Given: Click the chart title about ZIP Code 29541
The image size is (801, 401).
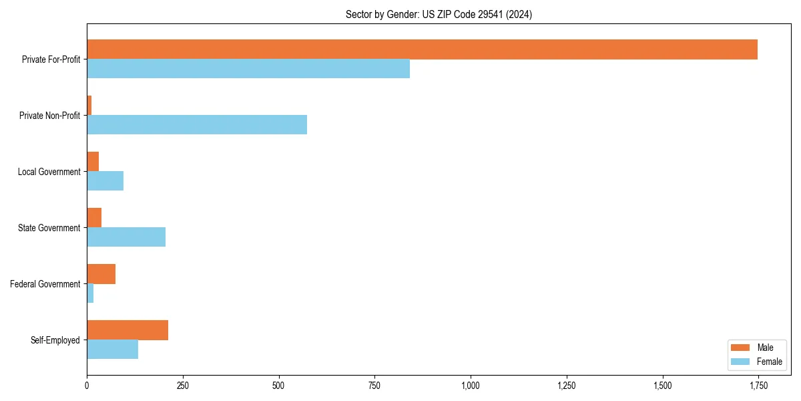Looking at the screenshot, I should click(x=439, y=14).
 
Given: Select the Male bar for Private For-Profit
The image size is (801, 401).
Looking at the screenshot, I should click(x=422, y=49).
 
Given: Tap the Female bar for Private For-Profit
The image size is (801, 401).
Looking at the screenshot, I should click(x=248, y=69).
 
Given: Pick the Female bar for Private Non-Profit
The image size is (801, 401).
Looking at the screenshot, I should click(x=197, y=125).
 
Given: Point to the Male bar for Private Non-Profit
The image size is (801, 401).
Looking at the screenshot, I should click(x=89, y=106).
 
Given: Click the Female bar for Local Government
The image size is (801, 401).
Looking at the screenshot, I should click(x=105, y=181).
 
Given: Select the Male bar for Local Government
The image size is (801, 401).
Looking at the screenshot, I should click(x=93, y=162).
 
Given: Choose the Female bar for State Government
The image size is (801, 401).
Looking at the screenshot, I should click(x=126, y=237).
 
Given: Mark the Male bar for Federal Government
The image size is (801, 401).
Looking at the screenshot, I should click(x=101, y=274).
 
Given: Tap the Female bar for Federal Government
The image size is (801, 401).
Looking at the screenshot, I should click(x=90, y=293).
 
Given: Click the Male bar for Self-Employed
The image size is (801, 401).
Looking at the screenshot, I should click(x=127, y=330).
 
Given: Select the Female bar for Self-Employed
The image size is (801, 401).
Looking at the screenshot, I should click(x=112, y=350).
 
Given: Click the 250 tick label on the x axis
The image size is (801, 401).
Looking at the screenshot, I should click(x=183, y=386).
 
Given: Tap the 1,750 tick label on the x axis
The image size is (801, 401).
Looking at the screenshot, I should click(x=758, y=386).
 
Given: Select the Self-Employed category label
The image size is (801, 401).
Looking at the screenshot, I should click(x=55, y=340).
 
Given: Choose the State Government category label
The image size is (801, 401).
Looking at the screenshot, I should click(x=49, y=228).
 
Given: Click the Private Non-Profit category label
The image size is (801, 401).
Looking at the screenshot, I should click(x=49, y=116).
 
